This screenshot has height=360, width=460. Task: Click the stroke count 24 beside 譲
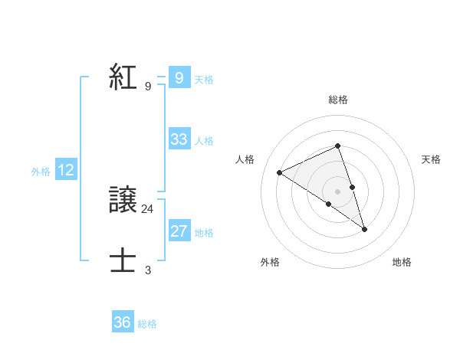tap(148, 208)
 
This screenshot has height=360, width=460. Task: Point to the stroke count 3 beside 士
tap(148, 270)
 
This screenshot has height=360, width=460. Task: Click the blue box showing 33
tap(179, 139)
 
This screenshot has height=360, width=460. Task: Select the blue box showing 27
tap(179, 231)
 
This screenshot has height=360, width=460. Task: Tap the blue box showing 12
tap(66, 171)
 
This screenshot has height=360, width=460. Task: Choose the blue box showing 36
tap(123, 322)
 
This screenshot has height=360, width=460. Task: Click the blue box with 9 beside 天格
tap(179, 78)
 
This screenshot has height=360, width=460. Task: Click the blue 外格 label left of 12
tap(41, 172)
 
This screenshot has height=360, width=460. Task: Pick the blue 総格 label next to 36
tap(147, 324)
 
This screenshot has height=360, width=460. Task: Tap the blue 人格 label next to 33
tap(204, 141)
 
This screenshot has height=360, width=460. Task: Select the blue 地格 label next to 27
tap(204, 233)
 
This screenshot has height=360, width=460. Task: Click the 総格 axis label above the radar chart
tap(338, 100)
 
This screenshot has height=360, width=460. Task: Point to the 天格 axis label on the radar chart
tap(431, 159)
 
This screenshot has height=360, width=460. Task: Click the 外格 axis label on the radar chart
tap(270, 262)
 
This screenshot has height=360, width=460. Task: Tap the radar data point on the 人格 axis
tap(280, 172)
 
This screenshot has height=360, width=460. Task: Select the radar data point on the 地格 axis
tap(365, 229)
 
